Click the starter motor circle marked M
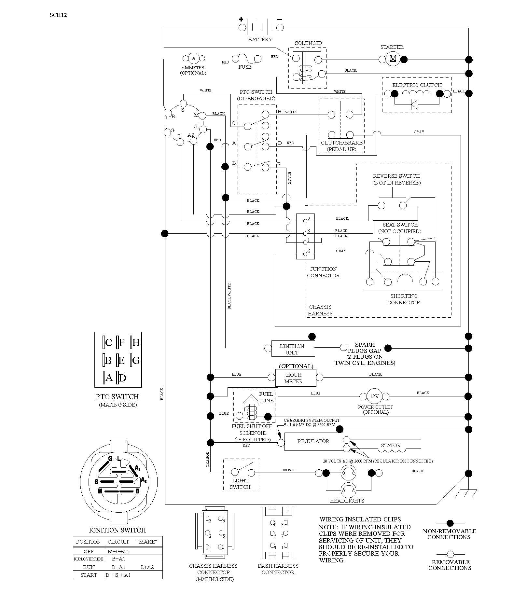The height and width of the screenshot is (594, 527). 393,59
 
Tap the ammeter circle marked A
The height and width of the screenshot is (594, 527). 194,58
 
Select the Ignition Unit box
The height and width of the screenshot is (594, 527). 293,349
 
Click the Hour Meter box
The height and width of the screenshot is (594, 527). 296,378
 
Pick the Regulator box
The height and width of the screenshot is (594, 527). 313,441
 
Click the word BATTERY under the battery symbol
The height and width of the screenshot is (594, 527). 260,39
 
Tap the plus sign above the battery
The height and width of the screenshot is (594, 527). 241,19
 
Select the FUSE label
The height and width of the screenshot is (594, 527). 245,67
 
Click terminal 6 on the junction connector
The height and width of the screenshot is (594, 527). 305,254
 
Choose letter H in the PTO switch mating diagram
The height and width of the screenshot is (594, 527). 135,342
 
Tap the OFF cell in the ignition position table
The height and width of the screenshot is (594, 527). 89,551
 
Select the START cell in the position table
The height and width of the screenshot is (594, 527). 89,575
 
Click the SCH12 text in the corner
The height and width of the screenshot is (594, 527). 58,15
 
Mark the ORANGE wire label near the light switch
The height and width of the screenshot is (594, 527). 207,460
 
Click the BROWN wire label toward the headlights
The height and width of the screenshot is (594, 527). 288,470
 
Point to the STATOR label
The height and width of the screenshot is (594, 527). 391,445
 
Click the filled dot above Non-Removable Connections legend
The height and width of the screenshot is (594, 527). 450,524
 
